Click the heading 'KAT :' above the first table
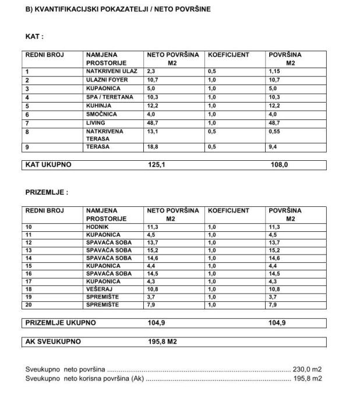click(34, 36)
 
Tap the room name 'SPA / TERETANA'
click(110, 97)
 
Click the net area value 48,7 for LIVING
click(153, 123)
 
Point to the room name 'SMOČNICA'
click(103, 115)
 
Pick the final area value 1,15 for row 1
click(276, 71)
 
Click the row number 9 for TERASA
click(27, 147)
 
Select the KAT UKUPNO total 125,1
click(157, 165)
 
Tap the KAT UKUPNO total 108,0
click(279, 165)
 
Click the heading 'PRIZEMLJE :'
click(47, 192)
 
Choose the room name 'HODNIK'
click(98, 227)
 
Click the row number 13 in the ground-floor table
click(29, 250)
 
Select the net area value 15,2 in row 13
click(153, 250)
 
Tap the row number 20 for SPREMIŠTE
click(29, 304)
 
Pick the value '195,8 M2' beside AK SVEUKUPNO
click(163, 342)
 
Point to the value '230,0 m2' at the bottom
click(308, 369)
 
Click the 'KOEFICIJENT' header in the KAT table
click(228, 55)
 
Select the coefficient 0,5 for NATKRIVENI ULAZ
click(212, 71)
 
